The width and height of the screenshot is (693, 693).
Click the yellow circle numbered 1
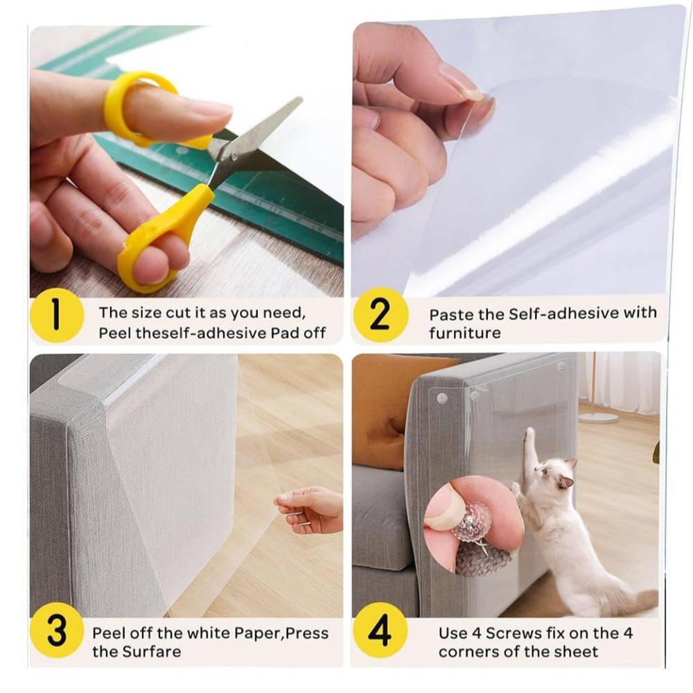pyautogui.click(x=57, y=315)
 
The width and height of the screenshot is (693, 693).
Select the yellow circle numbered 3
pyautogui.click(x=57, y=631)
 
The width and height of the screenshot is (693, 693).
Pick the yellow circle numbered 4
pyautogui.click(x=380, y=630)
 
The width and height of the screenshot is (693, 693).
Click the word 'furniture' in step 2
pyautogui.click(x=464, y=333)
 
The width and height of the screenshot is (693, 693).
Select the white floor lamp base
pyautogui.click(x=598, y=417)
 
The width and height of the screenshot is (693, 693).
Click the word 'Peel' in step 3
pyautogui.click(x=108, y=633)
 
